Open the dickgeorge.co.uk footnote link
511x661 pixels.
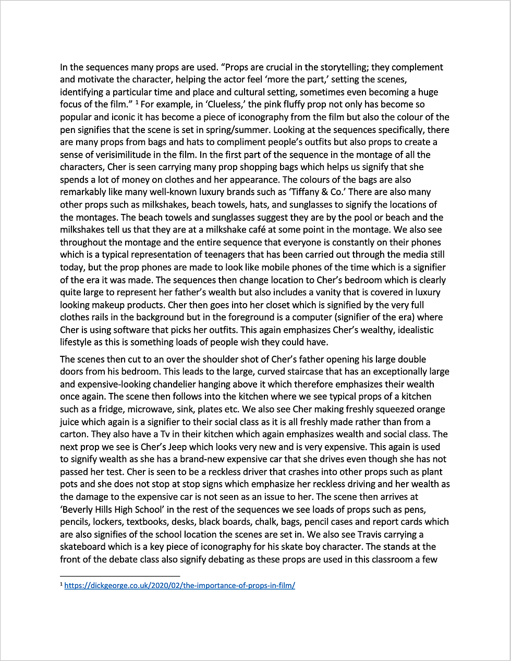(179, 586)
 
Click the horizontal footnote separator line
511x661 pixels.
(119, 576)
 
